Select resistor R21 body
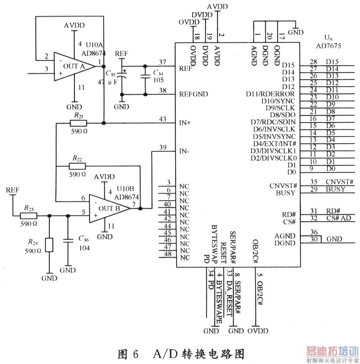coord(78,123)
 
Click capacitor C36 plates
coord(68,240)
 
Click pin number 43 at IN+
coord(162,119)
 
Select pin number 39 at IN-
coord(162,147)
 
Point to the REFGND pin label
coord(193,94)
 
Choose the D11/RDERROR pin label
coord(270,94)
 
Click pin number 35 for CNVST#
coord(314,182)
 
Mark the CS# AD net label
coord(339,218)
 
